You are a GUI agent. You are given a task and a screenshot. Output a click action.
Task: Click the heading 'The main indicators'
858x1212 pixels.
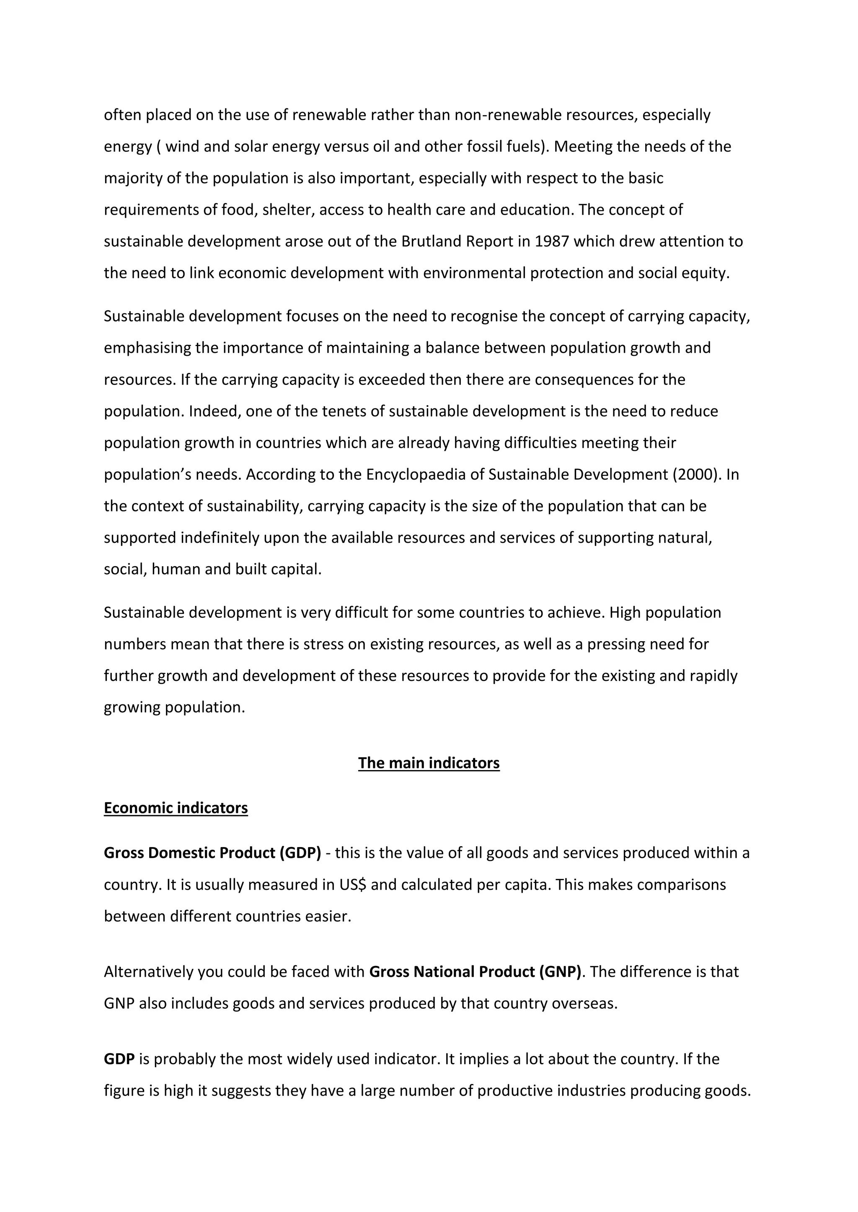tap(429, 763)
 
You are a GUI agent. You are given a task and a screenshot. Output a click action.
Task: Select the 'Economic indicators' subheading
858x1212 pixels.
tap(176, 808)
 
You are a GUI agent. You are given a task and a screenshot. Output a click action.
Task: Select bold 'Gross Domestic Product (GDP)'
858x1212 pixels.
tap(212, 853)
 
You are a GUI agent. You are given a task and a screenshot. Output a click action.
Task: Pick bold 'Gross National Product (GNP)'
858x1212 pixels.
tap(475, 971)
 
